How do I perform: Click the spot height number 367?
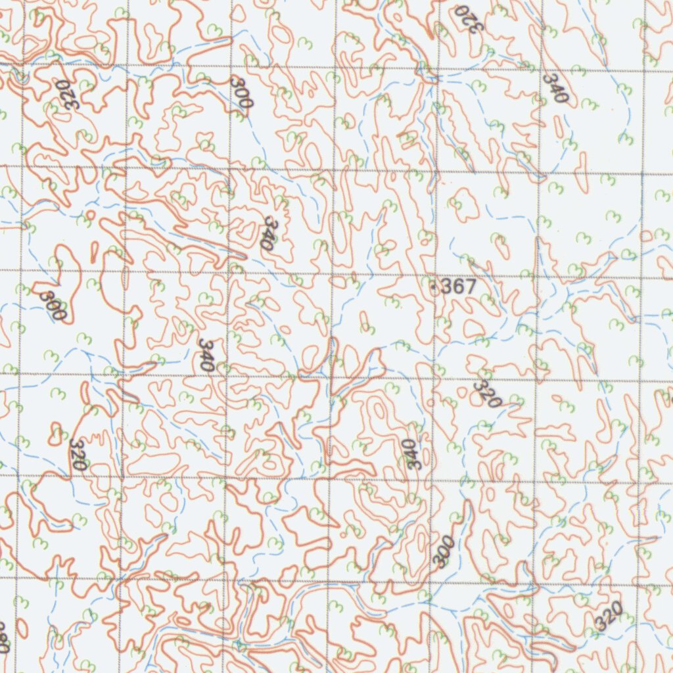[x=457, y=287]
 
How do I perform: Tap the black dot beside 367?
[x=433, y=287]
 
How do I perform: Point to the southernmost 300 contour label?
[x=444, y=551]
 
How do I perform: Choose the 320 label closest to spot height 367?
[x=488, y=393]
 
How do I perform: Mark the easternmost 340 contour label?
[x=555, y=87]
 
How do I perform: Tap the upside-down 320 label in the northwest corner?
[x=65, y=96]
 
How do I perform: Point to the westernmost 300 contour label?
[x=52, y=304]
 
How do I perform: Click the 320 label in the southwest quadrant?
[x=78, y=453]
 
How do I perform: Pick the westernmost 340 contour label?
[x=207, y=355]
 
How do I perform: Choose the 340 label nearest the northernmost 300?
[x=266, y=231]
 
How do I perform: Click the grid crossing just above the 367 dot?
[x=434, y=275]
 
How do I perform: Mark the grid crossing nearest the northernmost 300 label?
[x=231, y=66]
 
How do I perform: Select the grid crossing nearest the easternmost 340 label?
[x=542, y=71]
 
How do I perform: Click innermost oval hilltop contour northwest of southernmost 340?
[x=379, y=411]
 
